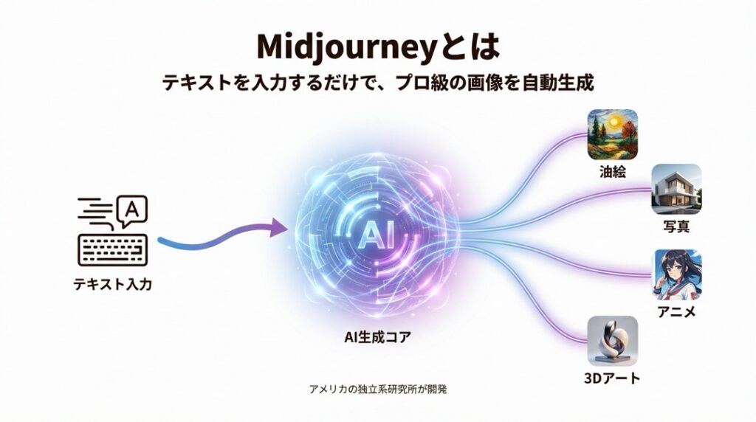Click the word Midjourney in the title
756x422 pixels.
[344, 47]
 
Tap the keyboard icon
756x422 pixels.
[113, 250]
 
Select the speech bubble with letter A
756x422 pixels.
[131, 210]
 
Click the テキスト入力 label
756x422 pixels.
[113, 284]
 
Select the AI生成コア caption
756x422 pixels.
[377, 337]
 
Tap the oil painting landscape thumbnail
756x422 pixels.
[612, 134]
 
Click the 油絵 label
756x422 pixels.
[613, 172]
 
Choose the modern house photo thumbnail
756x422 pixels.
[676, 189]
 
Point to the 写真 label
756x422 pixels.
[676, 226]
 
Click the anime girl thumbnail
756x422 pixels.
[676, 274]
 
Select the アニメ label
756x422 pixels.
[676, 312]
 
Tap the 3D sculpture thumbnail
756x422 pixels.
[612, 341]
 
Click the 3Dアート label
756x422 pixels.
[612, 378]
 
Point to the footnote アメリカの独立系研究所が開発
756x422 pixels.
[378, 389]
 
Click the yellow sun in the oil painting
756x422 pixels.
[614, 122]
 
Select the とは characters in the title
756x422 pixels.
[467, 47]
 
